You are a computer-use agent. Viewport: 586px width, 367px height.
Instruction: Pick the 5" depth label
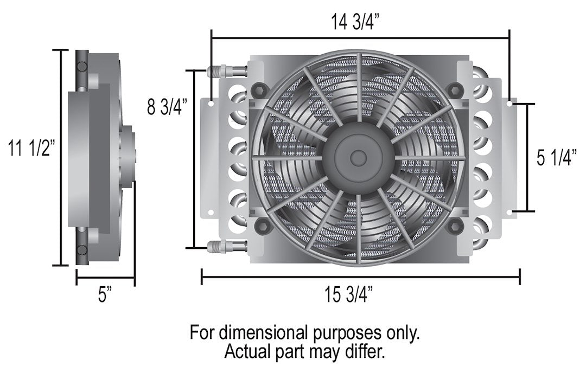[105, 296]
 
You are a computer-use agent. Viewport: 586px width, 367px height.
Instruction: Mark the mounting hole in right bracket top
[509, 102]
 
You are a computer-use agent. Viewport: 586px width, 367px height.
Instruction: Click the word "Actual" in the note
[246, 352]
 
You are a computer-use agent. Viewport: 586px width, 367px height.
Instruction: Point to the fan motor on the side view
[129, 157]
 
